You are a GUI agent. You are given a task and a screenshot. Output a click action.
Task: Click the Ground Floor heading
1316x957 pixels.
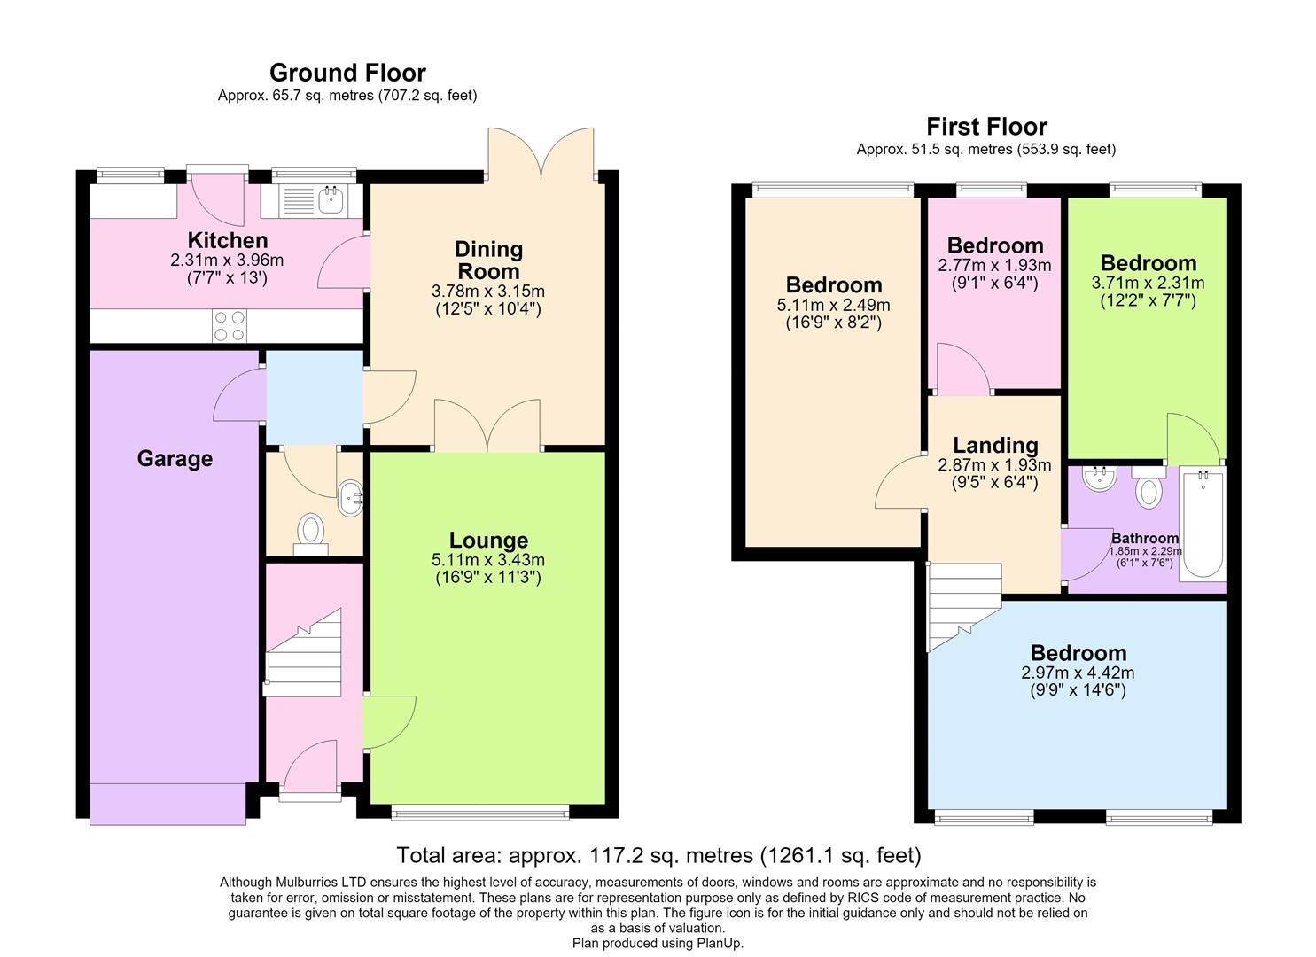click(347, 73)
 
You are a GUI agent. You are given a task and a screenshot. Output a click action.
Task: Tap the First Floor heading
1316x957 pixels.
click(986, 127)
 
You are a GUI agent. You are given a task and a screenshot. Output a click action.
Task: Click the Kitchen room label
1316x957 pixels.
click(228, 240)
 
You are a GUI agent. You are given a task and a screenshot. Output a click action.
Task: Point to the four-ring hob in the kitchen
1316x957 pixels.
click(230, 326)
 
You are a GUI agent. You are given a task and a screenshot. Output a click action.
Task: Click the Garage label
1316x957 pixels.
click(175, 458)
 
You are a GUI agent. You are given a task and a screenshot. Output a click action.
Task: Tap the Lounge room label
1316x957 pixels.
click(488, 540)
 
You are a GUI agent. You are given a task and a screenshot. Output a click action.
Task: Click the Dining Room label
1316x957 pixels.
click(489, 261)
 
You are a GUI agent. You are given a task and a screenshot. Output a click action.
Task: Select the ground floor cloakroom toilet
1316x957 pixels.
click(310, 534)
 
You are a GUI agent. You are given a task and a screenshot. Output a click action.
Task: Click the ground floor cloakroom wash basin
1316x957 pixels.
click(351, 498)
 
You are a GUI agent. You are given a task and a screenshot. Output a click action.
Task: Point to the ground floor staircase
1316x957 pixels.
click(302, 653)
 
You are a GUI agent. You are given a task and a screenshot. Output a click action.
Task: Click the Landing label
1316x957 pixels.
click(995, 446)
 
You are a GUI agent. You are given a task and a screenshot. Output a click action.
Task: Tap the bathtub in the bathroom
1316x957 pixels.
click(1203, 523)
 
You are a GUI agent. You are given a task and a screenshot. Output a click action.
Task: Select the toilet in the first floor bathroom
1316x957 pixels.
click(1149, 487)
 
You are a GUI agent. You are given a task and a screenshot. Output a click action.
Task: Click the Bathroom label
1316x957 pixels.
click(1144, 538)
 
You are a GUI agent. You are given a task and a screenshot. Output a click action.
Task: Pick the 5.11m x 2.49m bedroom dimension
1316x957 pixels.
click(833, 305)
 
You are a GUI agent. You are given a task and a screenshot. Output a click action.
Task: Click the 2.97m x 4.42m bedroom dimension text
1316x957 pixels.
click(1078, 673)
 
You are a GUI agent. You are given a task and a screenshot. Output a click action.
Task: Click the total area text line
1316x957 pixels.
click(658, 855)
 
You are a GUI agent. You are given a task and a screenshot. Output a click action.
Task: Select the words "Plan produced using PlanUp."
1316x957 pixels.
click(658, 944)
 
